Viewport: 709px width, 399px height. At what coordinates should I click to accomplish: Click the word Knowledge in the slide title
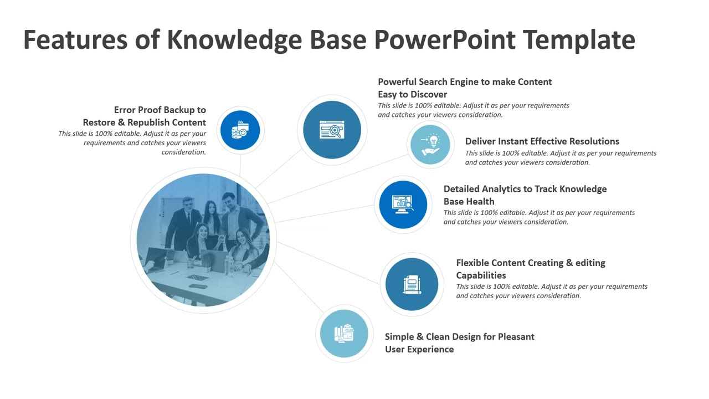tap(234, 40)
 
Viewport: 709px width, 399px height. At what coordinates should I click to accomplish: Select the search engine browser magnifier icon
tap(332, 130)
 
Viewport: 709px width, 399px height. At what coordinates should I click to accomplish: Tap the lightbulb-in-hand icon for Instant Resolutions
tap(430, 144)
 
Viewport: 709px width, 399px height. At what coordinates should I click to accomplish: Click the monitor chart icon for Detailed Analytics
tap(403, 204)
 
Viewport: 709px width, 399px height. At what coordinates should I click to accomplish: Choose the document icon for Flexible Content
tap(412, 284)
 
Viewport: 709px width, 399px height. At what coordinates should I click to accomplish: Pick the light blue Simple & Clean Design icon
tap(344, 334)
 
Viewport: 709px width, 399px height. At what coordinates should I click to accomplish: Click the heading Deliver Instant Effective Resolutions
tap(542, 141)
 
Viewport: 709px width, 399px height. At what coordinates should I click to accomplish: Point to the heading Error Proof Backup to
tap(160, 110)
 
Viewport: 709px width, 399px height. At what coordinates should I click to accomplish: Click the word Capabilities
tap(481, 275)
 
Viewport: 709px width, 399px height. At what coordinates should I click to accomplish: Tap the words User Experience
tap(419, 349)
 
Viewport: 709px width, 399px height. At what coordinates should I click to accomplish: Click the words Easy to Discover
tap(412, 94)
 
